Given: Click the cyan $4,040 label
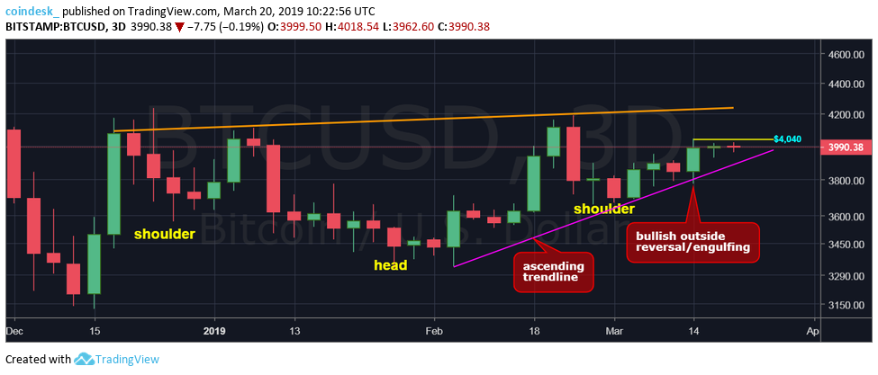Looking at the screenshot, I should (x=787, y=139).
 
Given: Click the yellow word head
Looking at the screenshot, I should (x=390, y=265).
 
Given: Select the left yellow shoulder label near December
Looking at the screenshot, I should (x=165, y=234).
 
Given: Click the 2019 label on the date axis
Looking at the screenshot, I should (x=213, y=331).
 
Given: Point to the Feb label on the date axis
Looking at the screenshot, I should (x=434, y=331).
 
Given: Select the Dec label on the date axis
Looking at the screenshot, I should (x=14, y=331).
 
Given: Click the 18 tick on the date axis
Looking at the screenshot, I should (x=533, y=331).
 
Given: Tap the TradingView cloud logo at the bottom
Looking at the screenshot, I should (x=85, y=360).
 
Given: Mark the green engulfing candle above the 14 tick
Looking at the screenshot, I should (x=693, y=159).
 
